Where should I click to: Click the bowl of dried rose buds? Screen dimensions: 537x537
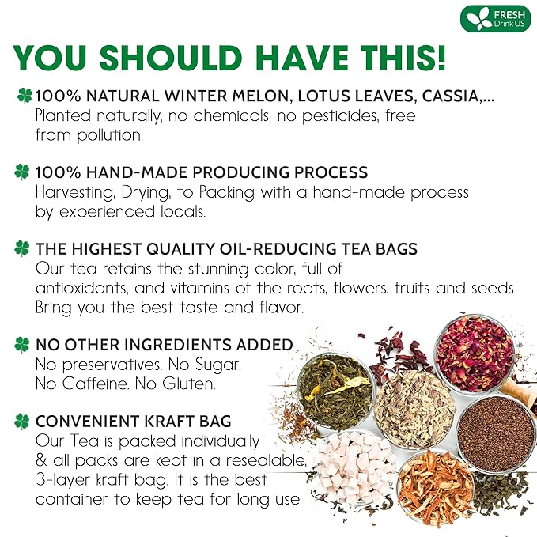pyautogui.click(x=475, y=352)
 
